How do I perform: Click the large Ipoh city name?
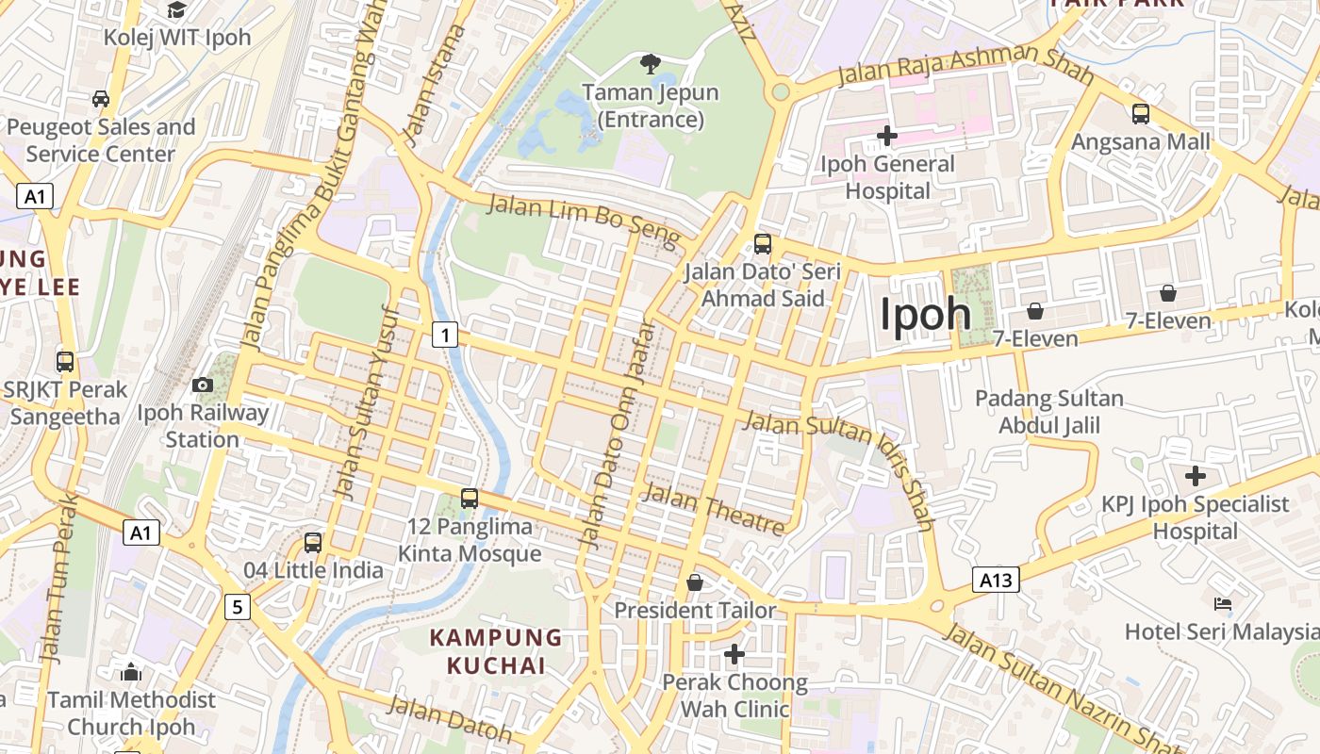(925, 314)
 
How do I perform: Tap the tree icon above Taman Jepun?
(650, 64)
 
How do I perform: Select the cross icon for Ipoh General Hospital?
(886, 136)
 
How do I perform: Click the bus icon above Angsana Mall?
(1141, 114)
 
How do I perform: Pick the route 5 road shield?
(238, 607)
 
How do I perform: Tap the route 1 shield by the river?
(445, 334)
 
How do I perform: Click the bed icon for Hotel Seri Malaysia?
(1223, 603)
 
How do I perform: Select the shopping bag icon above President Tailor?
(695, 582)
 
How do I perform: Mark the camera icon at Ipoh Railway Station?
(202, 385)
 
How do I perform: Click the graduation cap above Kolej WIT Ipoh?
(176, 10)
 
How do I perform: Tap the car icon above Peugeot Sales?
(101, 99)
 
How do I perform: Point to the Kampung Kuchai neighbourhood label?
(496, 651)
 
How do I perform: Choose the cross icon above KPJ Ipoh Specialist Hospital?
(1195, 475)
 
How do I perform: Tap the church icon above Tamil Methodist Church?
(131, 672)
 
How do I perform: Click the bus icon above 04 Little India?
(313, 543)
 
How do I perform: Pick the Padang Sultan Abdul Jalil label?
(1048, 412)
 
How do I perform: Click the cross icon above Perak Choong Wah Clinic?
(734, 653)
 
